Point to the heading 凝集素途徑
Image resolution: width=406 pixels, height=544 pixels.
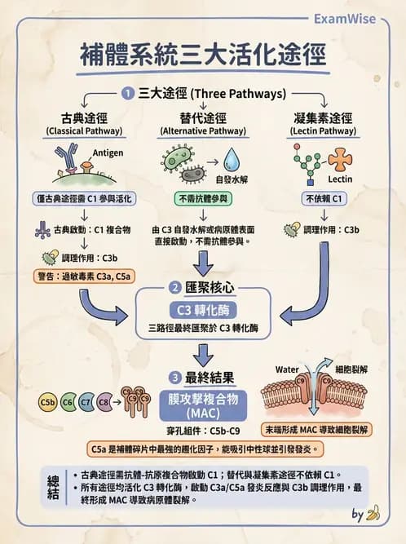(x=324, y=117)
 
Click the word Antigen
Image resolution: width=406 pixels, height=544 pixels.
(x=108, y=153)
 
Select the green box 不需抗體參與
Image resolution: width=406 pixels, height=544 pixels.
(x=202, y=198)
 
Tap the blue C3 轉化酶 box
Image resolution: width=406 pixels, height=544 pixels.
(x=202, y=311)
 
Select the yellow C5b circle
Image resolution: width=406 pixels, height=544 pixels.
(x=48, y=402)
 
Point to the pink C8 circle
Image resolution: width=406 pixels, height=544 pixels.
(x=104, y=402)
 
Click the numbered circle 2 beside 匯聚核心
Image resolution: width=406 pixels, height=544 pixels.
(x=174, y=287)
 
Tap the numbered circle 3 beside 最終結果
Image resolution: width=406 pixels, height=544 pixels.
(x=174, y=378)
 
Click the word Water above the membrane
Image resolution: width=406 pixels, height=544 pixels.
(x=287, y=369)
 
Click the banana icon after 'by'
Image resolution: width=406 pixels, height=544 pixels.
(x=374, y=514)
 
